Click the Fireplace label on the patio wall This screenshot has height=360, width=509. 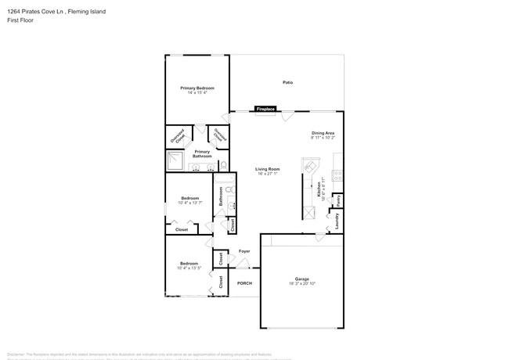[x=265, y=109]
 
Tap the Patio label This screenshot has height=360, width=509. [x=287, y=82]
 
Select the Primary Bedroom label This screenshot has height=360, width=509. [x=197, y=88]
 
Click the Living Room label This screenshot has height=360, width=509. [x=268, y=169]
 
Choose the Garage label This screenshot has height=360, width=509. [x=302, y=279]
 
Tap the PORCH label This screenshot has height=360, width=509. [x=244, y=283]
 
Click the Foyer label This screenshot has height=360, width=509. [x=244, y=251]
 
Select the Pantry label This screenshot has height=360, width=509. [x=338, y=200]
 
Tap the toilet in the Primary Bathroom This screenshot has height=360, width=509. [x=224, y=165]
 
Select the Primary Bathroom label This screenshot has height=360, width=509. [x=202, y=153]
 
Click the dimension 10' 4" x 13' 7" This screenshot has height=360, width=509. [x=190, y=203]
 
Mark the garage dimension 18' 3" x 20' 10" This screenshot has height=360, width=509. [x=302, y=283]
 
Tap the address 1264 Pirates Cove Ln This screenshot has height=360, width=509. [x=35, y=12]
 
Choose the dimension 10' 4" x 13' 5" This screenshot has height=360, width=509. [x=190, y=268]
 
